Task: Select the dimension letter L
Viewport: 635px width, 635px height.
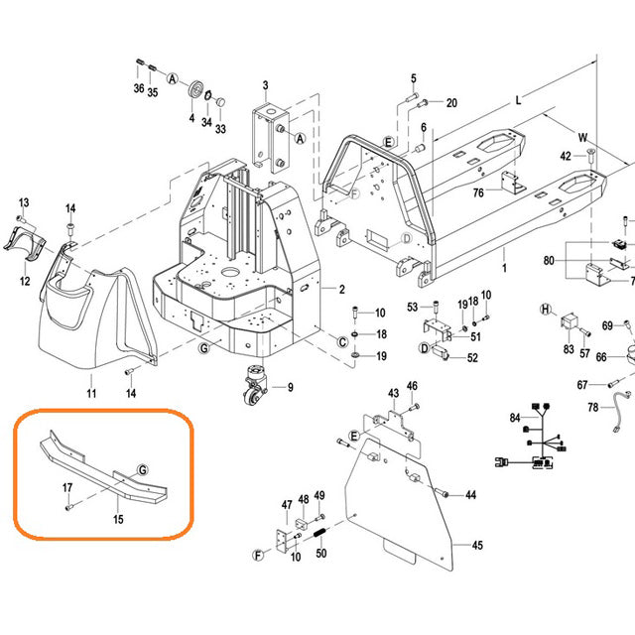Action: click(x=517, y=101)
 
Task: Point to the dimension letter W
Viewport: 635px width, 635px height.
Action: click(x=583, y=137)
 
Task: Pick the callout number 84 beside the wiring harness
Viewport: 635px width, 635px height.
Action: click(x=515, y=418)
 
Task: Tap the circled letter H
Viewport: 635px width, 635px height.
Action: click(x=545, y=311)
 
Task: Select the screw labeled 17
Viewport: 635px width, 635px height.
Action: click(x=70, y=505)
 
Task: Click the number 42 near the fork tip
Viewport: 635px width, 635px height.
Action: click(x=567, y=156)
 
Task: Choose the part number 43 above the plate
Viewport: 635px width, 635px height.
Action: click(x=393, y=392)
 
